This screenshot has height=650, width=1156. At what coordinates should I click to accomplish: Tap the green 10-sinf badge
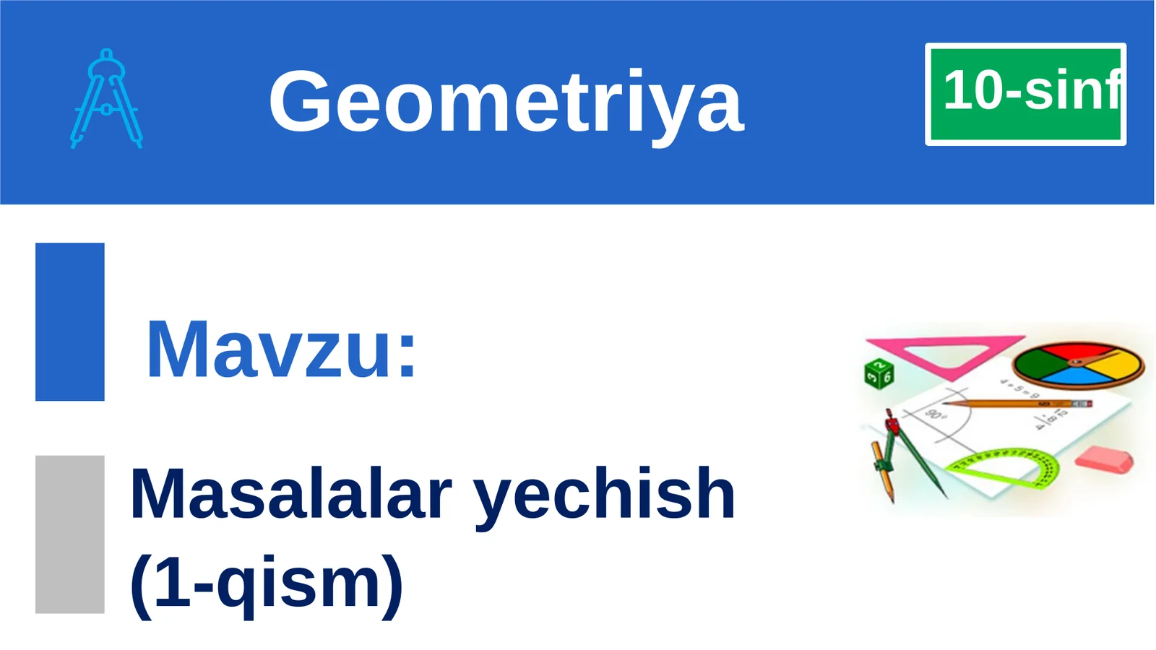click(x=1025, y=94)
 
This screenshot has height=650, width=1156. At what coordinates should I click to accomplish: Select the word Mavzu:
click(x=281, y=350)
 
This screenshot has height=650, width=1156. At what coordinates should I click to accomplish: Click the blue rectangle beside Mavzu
click(x=69, y=321)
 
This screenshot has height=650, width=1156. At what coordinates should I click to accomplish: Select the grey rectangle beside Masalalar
click(x=69, y=534)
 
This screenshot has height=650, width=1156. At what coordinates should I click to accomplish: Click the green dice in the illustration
click(x=879, y=373)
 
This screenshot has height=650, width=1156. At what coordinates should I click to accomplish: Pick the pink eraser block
click(x=1104, y=460)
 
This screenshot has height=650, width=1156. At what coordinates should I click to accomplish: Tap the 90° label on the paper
click(x=935, y=415)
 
